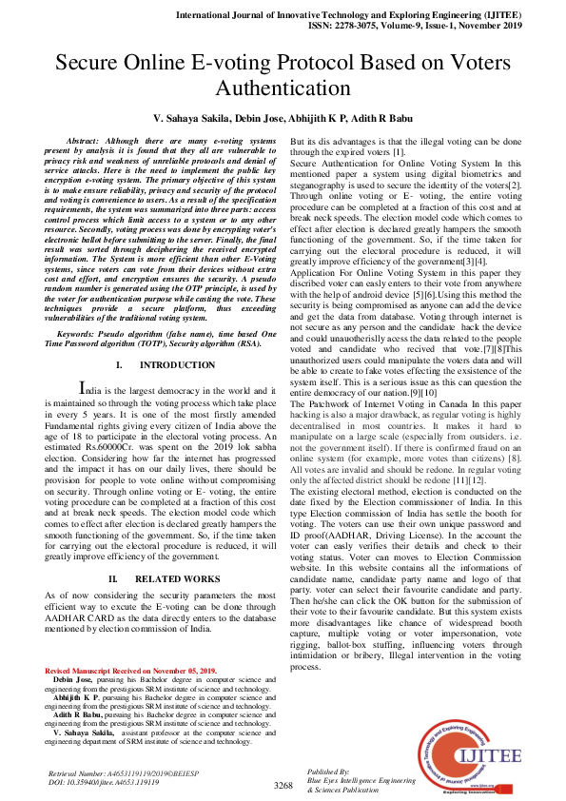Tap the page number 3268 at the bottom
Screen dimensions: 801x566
click(x=283, y=785)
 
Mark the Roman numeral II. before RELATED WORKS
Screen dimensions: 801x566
click(x=113, y=576)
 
